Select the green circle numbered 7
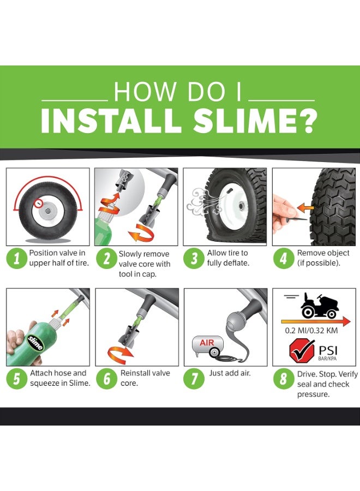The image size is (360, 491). click(x=194, y=378)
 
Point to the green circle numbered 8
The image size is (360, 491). click(x=283, y=378)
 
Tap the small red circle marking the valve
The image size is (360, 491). click(x=38, y=202)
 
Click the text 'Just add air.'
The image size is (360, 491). click(x=231, y=373)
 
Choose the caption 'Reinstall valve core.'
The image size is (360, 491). click(x=145, y=378)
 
